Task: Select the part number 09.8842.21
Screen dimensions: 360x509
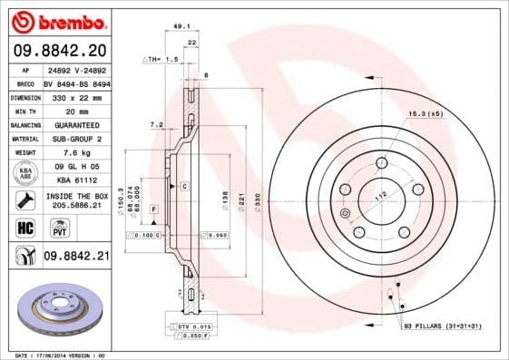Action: coord(76,257)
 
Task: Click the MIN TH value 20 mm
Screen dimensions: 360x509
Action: coord(75,110)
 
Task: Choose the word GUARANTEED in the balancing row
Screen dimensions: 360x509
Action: coord(75,124)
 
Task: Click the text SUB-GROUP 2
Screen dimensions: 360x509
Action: coord(75,139)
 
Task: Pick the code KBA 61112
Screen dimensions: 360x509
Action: coord(75,181)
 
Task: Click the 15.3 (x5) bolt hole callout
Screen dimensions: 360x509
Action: coord(425,113)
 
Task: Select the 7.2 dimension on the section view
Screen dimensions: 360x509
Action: coord(156,123)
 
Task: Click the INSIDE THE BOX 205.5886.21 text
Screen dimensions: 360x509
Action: coord(75,200)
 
